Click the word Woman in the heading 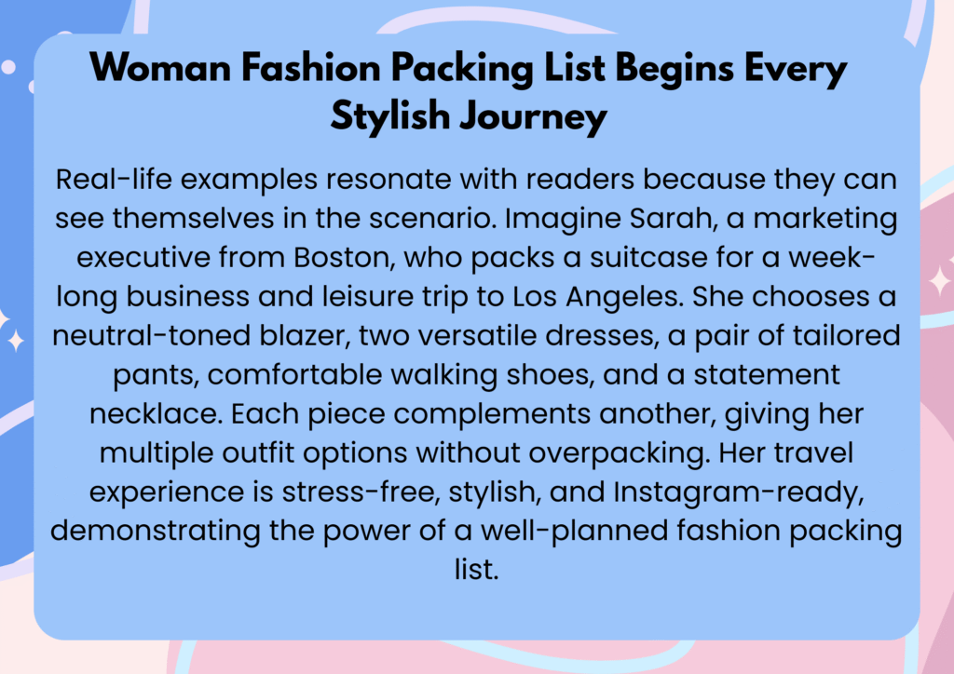(160, 67)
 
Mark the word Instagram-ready (739, 492)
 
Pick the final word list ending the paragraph (476, 570)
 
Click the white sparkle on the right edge (941, 281)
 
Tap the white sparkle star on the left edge (16, 341)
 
